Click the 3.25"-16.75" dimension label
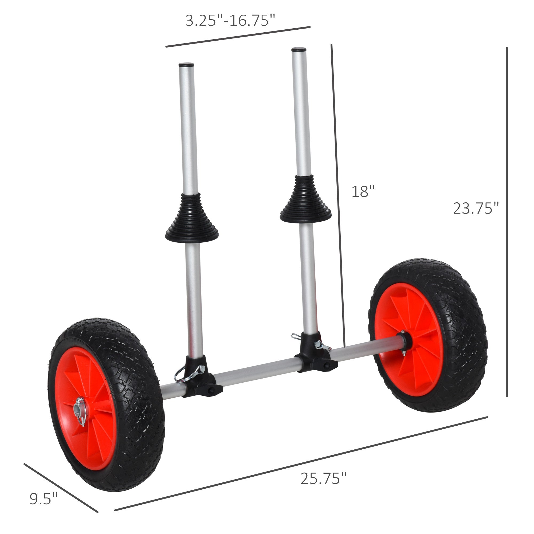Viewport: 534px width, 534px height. tap(230, 21)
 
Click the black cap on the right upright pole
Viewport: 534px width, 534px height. tap(299, 50)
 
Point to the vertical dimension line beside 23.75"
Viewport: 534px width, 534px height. tap(507, 221)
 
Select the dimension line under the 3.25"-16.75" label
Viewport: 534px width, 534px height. tap(238, 37)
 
